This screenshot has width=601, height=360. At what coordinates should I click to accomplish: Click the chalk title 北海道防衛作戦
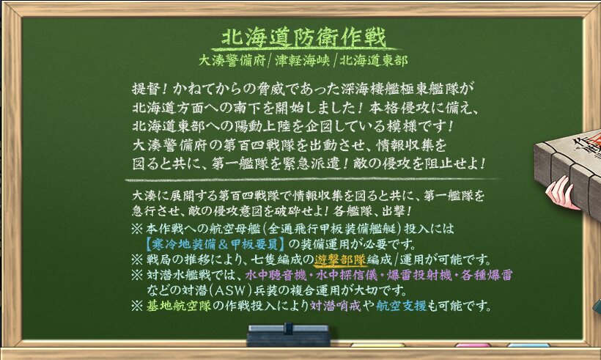[303, 37]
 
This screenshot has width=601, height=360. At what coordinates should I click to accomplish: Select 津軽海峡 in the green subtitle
[303, 61]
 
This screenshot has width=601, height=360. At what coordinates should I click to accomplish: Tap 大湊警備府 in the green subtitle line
[232, 61]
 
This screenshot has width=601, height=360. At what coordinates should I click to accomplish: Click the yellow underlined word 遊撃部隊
[340, 260]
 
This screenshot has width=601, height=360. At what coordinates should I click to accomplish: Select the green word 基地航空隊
[179, 306]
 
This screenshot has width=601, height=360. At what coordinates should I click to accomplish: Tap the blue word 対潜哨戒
[336, 306]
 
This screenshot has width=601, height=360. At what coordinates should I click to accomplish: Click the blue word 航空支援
[401, 306]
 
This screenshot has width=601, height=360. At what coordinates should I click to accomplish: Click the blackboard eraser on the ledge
[288, 335]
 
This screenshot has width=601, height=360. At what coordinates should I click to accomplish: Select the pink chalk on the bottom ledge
[473, 345]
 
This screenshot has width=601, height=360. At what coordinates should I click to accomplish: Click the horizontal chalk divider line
[311, 180]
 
